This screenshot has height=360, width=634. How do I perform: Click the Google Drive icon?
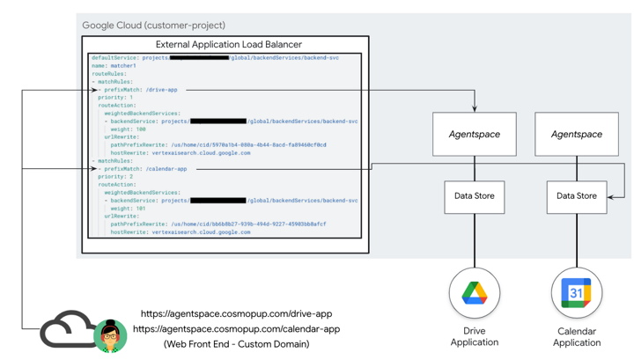[x=475, y=293]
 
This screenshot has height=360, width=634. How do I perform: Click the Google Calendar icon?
[x=577, y=293]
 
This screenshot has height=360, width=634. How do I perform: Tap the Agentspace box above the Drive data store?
[x=475, y=135]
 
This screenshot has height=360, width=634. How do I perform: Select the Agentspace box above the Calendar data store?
[x=577, y=135]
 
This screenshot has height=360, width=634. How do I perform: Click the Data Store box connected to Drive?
[x=475, y=196]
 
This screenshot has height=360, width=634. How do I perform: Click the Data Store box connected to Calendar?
[x=577, y=196]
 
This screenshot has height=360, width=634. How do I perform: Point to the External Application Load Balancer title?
[x=229, y=44]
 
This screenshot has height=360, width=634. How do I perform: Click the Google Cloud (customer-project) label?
[x=153, y=26]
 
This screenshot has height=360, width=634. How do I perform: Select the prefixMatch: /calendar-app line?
[x=145, y=169]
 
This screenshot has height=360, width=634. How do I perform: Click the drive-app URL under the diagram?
[x=236, y=314]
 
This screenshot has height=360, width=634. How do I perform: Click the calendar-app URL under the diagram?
[x=236, y=329]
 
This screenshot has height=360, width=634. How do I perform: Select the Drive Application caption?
[x=475, y=336]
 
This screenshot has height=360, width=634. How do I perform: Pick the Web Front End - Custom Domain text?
[x=236, y=344]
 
